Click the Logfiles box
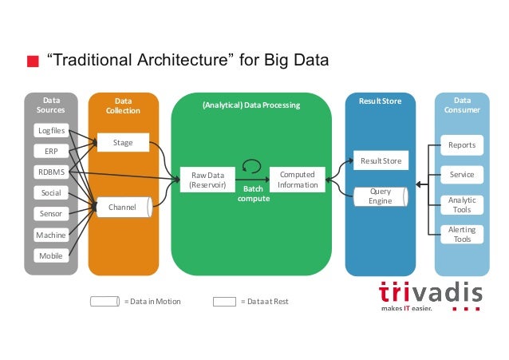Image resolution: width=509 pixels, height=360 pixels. [50, 130]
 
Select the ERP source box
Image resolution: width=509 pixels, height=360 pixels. [50, 151]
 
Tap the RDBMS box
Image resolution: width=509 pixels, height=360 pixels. [50, 172]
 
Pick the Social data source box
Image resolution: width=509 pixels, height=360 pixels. [50, 193]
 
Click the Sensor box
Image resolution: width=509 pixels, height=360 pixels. [50, 214]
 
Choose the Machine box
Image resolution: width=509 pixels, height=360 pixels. [50, 235]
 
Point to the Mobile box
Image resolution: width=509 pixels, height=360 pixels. [50, 256]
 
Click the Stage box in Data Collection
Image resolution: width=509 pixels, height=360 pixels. [122, 144]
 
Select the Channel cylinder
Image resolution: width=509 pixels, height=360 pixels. [124, 207]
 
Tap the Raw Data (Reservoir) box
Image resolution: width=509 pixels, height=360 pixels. [207, 180]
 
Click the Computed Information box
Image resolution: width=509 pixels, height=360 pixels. [298, 180]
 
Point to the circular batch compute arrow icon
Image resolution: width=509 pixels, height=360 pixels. [252, 166]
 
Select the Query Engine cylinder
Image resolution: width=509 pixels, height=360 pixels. [381, 196]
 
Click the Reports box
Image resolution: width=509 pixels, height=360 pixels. [461, 145]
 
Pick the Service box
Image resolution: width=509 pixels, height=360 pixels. [461, 174]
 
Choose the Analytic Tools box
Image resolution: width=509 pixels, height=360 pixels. [461, 205]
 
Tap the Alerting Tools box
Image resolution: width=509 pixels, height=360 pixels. [461, 235]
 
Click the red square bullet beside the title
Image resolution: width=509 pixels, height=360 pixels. [33, 61]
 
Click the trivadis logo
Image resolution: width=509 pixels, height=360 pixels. [430, 295]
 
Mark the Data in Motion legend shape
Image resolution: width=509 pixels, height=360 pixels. [105, 301]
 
